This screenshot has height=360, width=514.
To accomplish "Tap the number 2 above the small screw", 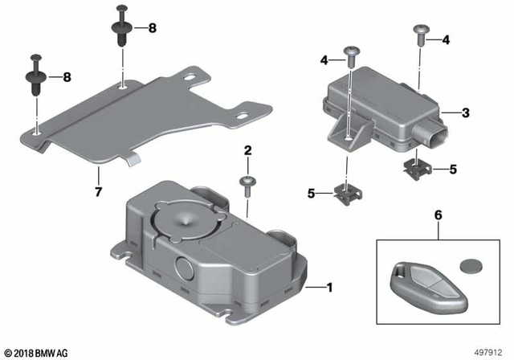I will (248, 150).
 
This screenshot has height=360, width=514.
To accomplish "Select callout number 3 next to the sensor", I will (466, 113).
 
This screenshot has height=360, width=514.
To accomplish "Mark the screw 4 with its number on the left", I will (351, 55).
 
